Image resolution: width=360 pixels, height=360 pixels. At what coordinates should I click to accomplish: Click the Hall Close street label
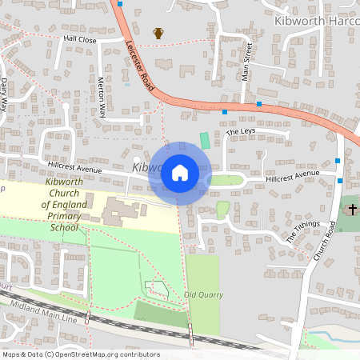pos(80,38)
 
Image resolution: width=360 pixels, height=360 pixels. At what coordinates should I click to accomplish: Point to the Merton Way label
pos(102,96)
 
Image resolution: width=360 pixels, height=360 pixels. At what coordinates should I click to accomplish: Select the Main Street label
pos(247,62)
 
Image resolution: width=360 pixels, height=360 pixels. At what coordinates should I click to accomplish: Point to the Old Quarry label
pos(203,294)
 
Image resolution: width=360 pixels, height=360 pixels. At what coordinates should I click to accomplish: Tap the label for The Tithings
pos(302,232)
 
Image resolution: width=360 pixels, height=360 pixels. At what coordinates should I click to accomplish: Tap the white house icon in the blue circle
pos(180,172)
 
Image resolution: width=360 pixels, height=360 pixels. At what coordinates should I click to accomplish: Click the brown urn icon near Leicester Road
pos(158,33)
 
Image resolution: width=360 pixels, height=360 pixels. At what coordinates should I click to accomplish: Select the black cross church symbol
pos(352,210)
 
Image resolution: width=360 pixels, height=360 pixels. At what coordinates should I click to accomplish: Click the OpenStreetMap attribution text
pos(80,354)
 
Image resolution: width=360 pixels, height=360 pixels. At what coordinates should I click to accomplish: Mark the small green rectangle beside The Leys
pos(205,140)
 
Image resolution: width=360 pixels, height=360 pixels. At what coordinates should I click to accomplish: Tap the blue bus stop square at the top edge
pos(120,3)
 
